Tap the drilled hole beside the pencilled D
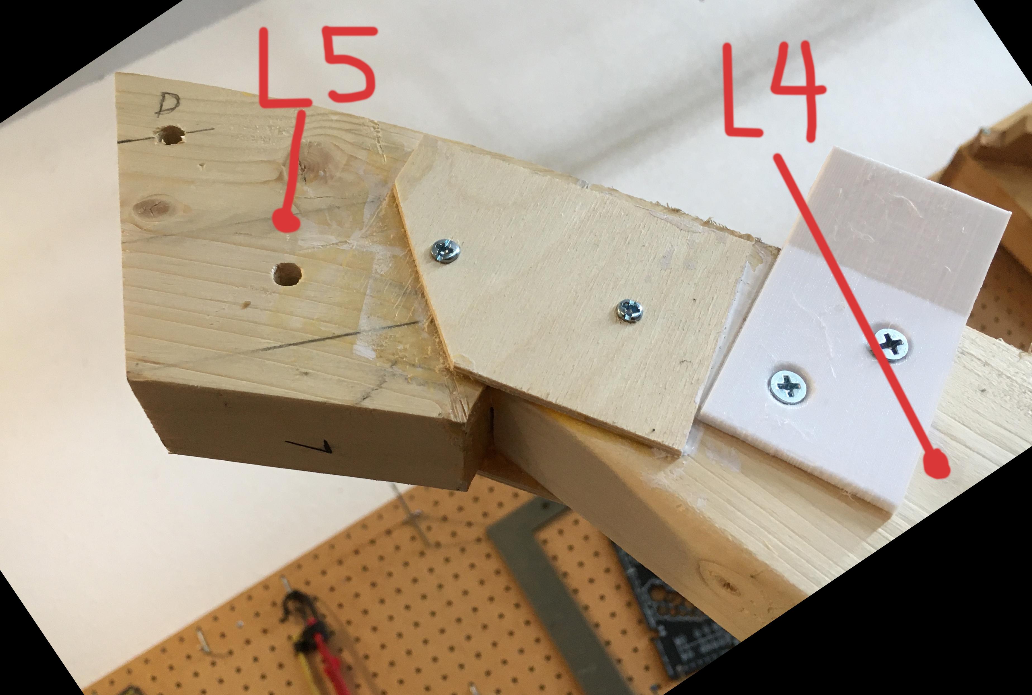[x=171, y=135]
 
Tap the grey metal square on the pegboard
[x=554, y=576]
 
